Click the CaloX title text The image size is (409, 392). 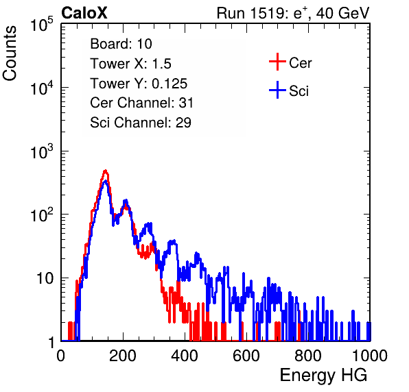pyautogui.click(x=84, y=13)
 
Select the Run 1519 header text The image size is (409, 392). pyautogui.click(x=293, y=13)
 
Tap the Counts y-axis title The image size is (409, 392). pyautogui.click(x=10, y=53)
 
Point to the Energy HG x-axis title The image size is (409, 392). pyautogui.click(x=323, y=376)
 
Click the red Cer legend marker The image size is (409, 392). pyautogui.click(x=277, y=62)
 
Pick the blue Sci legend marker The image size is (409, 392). pyautogui.click(x=277, y=90)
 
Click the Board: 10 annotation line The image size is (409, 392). pyautogui.click(x=121, y=44)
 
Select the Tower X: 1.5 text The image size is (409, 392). pyautogui.click(x=130, y=64)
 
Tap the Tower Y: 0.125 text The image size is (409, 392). pyautogui.click(x=139, y=84)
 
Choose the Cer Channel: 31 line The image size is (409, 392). pyautogui.click(x=141, y=103)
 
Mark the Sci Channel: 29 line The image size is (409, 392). pyautogui.click(x=141, y=123)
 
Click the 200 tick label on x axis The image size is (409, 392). pyautogui.click(x=123, y=356)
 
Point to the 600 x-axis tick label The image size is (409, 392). pyautogui.click(x=246, y=356)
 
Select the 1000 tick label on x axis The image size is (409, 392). pyautogui.click(x=370, y=356)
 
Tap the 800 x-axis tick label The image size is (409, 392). pyautogui.click(x=308, y=356)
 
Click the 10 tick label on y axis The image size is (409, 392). pyautogui.click(x=45, y=278)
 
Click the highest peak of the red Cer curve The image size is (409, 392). pyautogui.click(x=106, y=171)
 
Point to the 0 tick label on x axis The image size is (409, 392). pyautogui.click(x=61, y=356)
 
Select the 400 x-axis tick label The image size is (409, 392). pyautogui.click(x=185, y=356)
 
